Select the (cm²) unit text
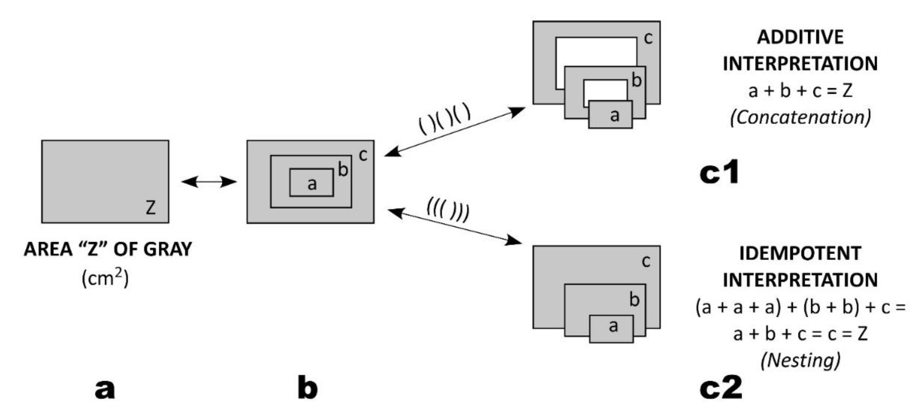(105, 278)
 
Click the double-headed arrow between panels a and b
(209, 182)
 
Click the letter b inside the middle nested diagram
(343, 169)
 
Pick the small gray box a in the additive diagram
(611, 115)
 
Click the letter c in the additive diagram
(648, 38)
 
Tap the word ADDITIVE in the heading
(800, 37)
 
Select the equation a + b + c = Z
(800, 91)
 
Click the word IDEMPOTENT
(800, 253)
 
